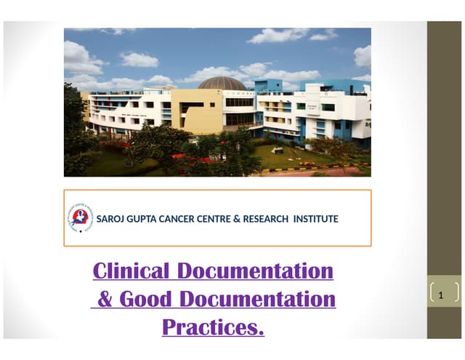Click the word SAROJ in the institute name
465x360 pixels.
click(110, 218)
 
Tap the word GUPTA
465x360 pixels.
click(143, 218)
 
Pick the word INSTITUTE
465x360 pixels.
click(315, 218)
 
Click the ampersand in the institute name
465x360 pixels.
click(237, 218)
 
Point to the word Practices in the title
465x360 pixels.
click(210, 327)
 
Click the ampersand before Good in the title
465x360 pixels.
click(105, 299)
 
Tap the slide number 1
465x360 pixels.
click(445, 294)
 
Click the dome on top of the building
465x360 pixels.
click(222, 83)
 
